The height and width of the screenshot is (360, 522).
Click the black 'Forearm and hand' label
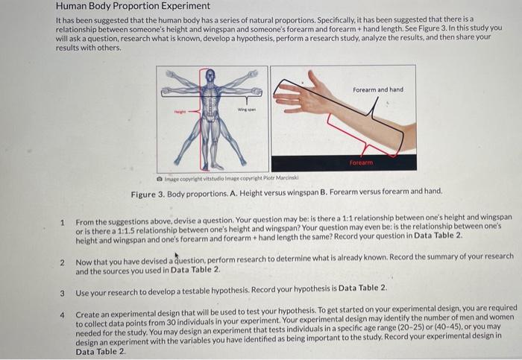click(x=378, y=89)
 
